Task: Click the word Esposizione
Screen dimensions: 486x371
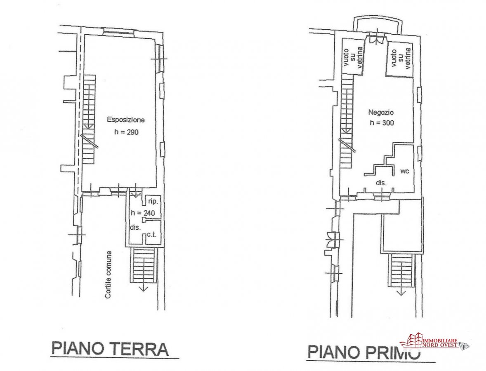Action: (126, 120)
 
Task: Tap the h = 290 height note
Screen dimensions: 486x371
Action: (126, 132)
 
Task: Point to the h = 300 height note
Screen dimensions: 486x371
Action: (382, 122)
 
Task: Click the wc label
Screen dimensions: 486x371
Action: (405, 171)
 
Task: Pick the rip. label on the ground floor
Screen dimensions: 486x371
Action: (153, 202)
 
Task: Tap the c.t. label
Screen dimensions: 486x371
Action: (151, 235)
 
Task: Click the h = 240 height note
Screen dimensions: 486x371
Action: (143, 213)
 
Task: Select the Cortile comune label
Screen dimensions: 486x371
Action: (108, 275)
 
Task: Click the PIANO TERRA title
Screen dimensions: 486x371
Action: (110, 349)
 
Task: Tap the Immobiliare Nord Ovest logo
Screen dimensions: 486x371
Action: (434, 340)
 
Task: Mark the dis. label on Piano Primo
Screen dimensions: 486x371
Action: (381, 183)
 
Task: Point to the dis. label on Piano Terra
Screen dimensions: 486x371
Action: (135, 227)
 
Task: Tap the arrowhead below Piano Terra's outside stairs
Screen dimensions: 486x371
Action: (144, 289)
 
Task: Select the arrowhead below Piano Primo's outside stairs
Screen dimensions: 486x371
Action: (401, 293)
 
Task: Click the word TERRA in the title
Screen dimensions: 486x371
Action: (139, 349)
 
